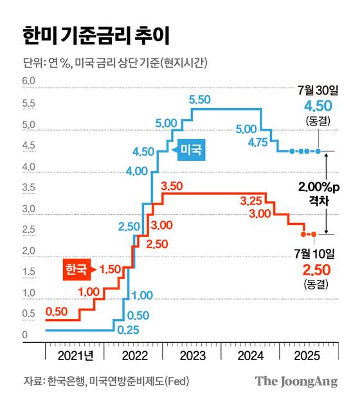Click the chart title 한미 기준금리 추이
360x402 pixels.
tap(96, 35)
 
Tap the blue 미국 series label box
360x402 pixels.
tap(191, 150)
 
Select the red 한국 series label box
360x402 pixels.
tap(77, 269)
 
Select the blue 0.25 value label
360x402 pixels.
tap(127, 330)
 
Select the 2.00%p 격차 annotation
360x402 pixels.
tap(319, 194)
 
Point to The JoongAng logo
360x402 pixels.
tap(296, 381)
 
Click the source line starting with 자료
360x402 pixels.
tap(105, 381)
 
